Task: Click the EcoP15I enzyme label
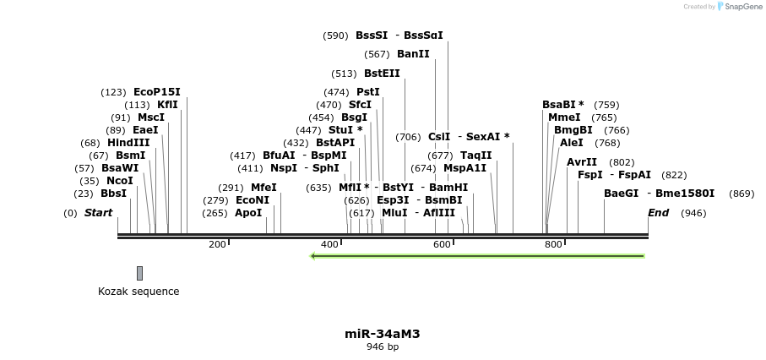156,92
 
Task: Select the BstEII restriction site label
382,74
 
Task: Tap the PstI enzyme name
367,92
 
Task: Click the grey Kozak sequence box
139,273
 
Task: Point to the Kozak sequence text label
139,292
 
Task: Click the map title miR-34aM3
383,334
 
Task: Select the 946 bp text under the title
383,346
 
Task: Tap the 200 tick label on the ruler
217,244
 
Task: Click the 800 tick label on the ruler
553,244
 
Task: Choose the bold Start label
98,213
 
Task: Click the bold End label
659,213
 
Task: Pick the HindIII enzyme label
128,143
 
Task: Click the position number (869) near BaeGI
742,194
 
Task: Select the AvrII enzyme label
581,162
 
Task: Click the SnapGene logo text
743,7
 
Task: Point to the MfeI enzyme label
263,188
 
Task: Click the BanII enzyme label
413,54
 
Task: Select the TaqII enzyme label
475,155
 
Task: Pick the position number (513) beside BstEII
345,74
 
